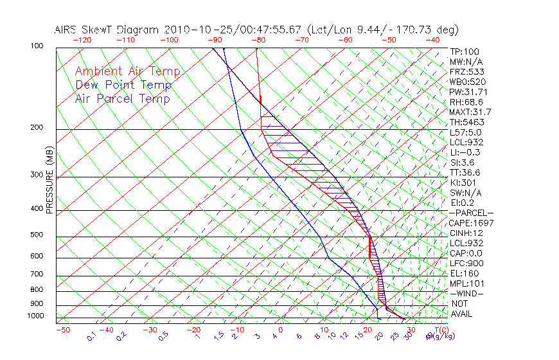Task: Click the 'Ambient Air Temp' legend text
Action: click(x=127, y=71)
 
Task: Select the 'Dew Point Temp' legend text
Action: click(x=123, y=85)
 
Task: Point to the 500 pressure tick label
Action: click(x=38, y=235)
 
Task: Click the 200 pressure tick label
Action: click(x=38, y=128)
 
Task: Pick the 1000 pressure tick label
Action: click(x=36, y=316)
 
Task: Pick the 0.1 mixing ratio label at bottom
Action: click(x=91, y=336)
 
